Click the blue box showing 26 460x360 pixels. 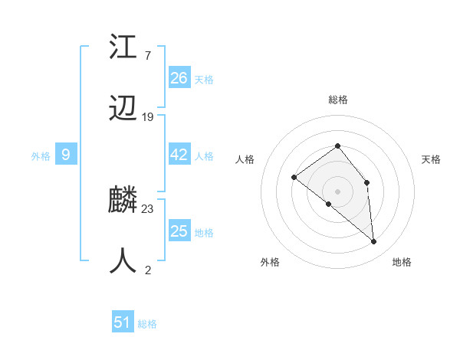pos(179,78)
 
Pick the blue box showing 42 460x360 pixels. pos(179,155)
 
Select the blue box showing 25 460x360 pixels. pos(179,231)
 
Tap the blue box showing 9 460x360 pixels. pos(66,155)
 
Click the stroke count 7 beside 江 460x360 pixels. pos(147,56)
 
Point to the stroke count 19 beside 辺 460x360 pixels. pos(148,117)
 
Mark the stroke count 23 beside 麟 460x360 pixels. pos(148,208)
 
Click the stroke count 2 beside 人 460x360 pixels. pos(147,270)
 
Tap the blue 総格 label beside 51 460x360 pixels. pos(147,324)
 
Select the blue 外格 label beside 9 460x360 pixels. pos(41,156)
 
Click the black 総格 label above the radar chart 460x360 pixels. pos(337,100)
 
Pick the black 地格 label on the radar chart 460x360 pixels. pos(402,262)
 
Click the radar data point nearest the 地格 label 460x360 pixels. pos(374,241)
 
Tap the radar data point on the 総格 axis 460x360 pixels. pos(337,146)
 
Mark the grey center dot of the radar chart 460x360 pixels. pos(337,191)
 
